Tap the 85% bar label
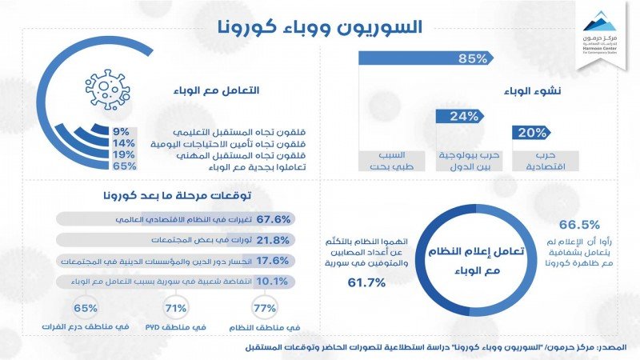click(x=474, y=58)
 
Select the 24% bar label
click(x=465, y=116)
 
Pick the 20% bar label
click(x=532, y=133)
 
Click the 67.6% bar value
click(x=275, y=219)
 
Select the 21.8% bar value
click(x=275, y=240)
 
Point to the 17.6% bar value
click(x=275, y=261)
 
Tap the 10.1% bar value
click(x=275, y=282)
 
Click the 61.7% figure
click(x=367, y=282)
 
